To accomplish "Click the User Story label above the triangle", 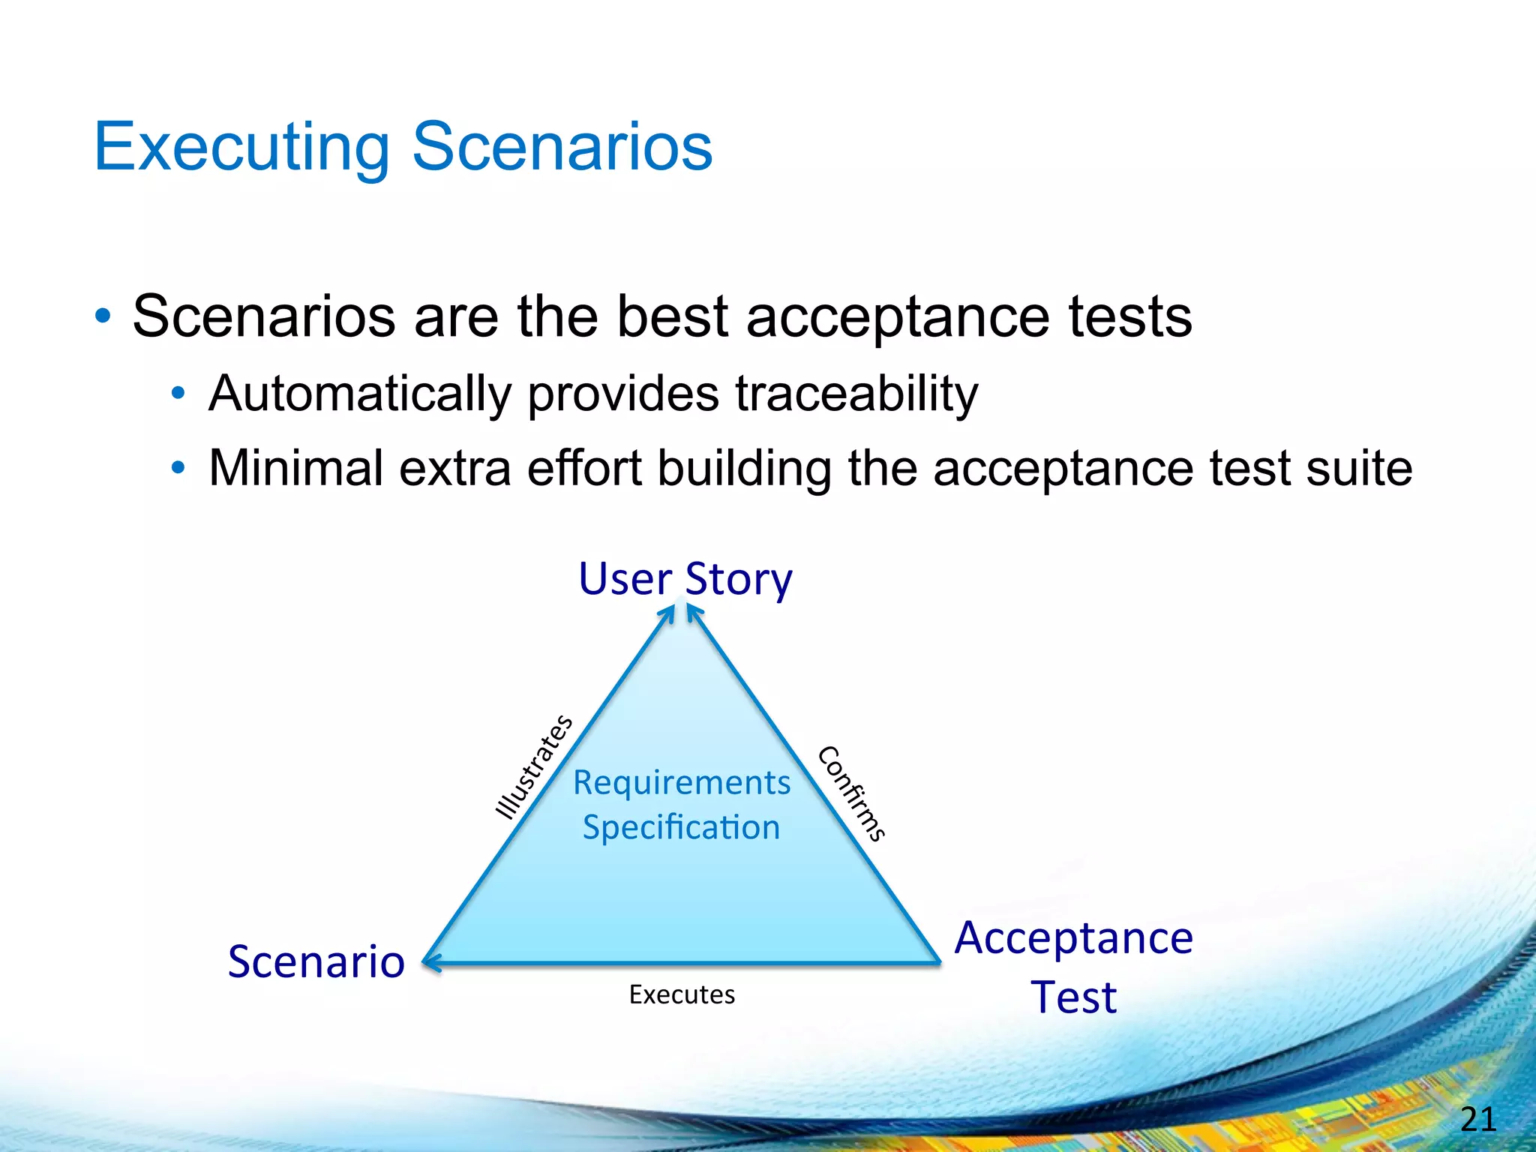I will pyautogui.click(x=685, y=579).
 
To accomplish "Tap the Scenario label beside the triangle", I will pyautogui.click(x=316, y=961).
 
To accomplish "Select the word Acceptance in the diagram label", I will pyautogui.click(x=1073, y=938).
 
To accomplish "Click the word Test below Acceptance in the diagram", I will pyautogui.click(x=1073, y=997).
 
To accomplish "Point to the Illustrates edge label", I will pyautogui.click(x=534, y=766).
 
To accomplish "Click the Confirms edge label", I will pyautogui.click(x=852, y=793).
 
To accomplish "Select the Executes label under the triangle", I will pyautogui.click(x=682, y=994).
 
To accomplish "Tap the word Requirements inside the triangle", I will pyautogui.click(x=682, y=783).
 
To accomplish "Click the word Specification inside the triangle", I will pyautogui.click(x=682, y=827).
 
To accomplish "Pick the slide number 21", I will pyautogui.click(x=1477, y=1120).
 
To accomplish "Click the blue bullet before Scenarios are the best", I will pyautogui.click(x=103, y=316).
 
